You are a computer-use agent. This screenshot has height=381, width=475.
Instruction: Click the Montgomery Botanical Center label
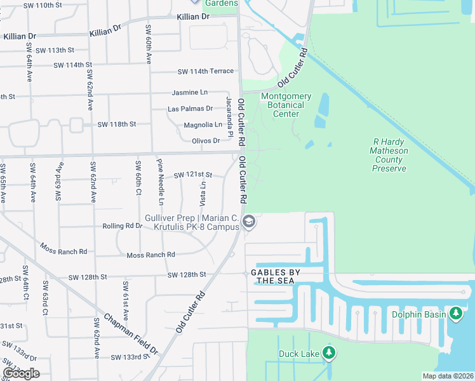(x=286, y=105)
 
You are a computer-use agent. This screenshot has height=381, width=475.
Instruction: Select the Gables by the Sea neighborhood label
(x=275, y=276)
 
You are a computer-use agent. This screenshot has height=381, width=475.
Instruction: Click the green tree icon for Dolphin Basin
(x=456, y=313)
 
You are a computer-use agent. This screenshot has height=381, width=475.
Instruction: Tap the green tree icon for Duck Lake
(x=328, y=352)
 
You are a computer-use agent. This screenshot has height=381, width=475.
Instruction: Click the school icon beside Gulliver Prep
(x=249, y=222)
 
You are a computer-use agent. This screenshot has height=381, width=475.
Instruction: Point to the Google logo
(x=21, y=373)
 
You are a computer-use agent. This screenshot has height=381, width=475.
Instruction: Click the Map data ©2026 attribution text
(x=448, y=376)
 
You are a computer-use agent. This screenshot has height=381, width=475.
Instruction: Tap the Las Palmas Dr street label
(x=190, y=109)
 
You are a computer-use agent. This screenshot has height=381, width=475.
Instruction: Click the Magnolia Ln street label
(x=203, y=125)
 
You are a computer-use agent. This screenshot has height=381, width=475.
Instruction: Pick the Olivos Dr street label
(x=206, y=141)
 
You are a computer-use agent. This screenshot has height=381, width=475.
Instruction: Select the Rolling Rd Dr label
(x=123, y=226)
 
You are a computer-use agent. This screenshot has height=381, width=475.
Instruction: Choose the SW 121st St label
(x=192, y=174)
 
